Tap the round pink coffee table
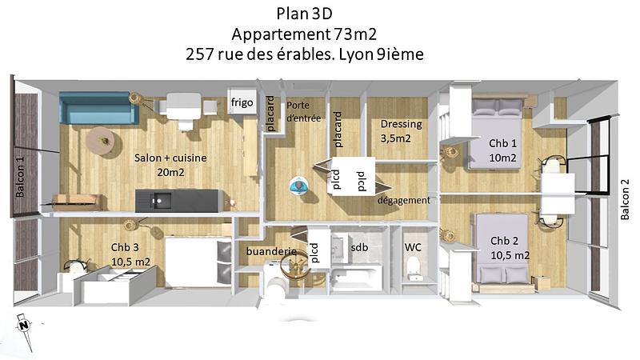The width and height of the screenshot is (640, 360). tap(102, 141)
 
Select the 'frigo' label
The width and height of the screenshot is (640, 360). tap(242, 103)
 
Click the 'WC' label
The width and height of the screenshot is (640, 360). tap(413, 247)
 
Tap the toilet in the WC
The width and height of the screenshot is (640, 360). tap(414, 272)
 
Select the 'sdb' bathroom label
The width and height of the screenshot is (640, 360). tap(359, 248)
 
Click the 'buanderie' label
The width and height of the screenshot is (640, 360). tap(271, 251)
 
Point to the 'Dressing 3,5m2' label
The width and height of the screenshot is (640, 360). tap(396, 131)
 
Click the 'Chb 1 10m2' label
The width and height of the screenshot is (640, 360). tap(502, 150)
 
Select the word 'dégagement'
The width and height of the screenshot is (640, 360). tap(404, 200)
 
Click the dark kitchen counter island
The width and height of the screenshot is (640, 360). tap(177, 200)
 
